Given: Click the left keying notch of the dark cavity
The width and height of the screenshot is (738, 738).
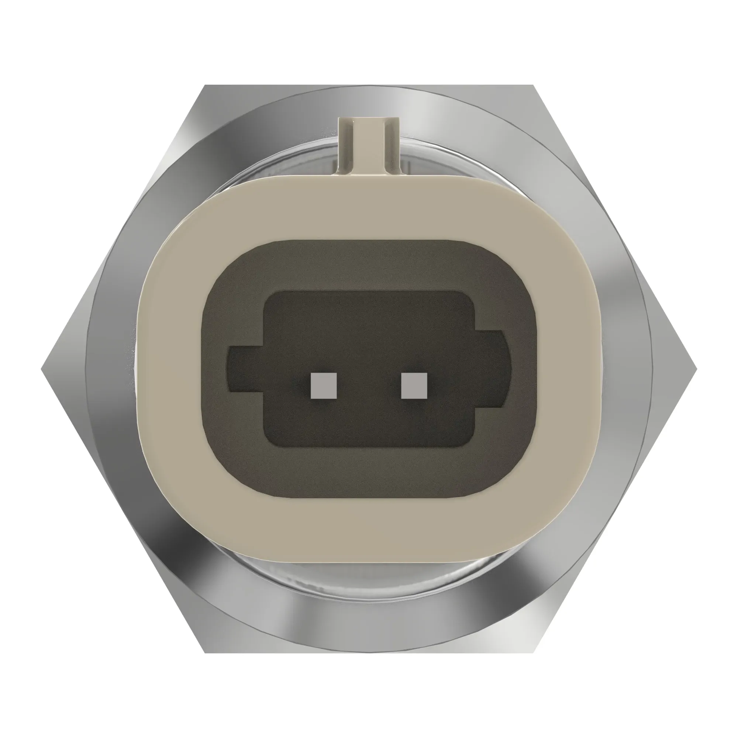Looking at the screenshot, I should pos(245,369).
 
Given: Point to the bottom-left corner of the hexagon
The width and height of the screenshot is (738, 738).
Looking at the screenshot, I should pos(205,652).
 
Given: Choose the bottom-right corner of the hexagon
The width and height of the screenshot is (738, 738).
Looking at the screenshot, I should pos(532,652).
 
